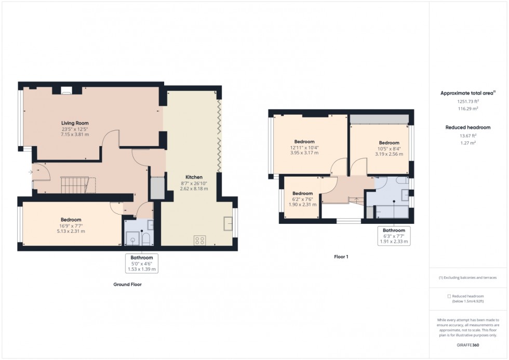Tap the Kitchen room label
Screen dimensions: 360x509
(x=192, y=177)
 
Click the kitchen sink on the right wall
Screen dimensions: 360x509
(x=228, y=223)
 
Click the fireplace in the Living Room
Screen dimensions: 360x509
(x=66, y=90)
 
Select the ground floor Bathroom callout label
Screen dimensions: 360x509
(x=141, y=258)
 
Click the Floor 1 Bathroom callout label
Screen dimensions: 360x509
(x=394, y=230)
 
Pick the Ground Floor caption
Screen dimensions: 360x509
(x=127, y=285)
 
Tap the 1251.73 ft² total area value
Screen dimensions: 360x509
(x=468, y=102)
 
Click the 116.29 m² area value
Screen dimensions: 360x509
(x=468, y=109)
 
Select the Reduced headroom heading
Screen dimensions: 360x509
(x=467, y=127)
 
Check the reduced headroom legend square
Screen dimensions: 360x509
(x=449, y=296)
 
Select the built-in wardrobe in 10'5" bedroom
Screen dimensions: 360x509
(x=378, y=119)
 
